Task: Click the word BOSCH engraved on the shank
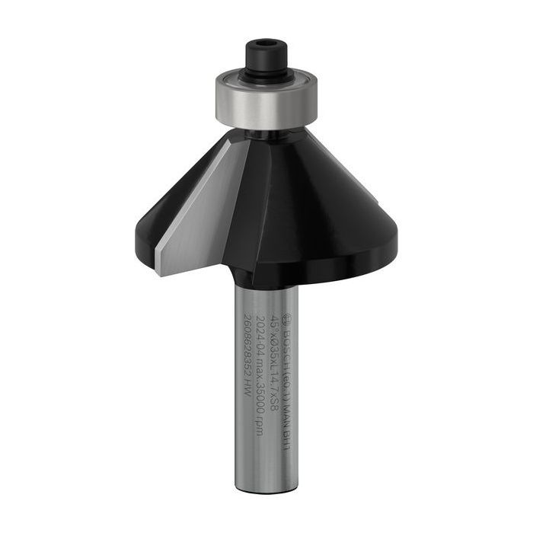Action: (x=282, y=343)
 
